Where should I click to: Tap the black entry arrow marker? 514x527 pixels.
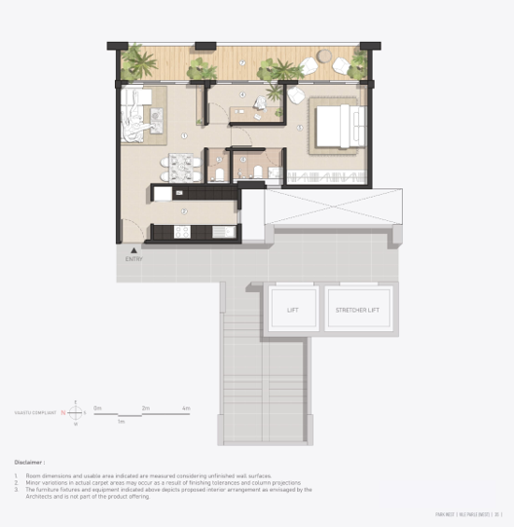pyautogui.click(x=121, y=249)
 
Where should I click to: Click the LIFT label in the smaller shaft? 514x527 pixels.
pyautogui.click(x=293, y=310)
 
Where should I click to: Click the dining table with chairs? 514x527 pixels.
pyautogui.click(x=182, y=167)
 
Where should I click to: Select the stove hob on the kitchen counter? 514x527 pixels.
pyautogui.click(x=181, y=232)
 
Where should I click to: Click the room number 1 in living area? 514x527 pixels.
pyautogui.click(x=183, y=136)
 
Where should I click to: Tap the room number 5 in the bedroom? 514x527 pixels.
pyautogui.click(x=300, y=128)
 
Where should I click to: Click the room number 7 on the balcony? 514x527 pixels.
pyautogui.click(x=243, y=61)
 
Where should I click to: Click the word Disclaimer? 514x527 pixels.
pyautogui.click(x=29, y=462)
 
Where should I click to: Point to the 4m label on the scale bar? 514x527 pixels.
pyautogui.click(x=185, y=407)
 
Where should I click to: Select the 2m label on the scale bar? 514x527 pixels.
pyautogui.click(x=145, y=407)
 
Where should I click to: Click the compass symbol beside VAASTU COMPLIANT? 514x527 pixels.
pyautogui.click(x=75, y=412)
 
